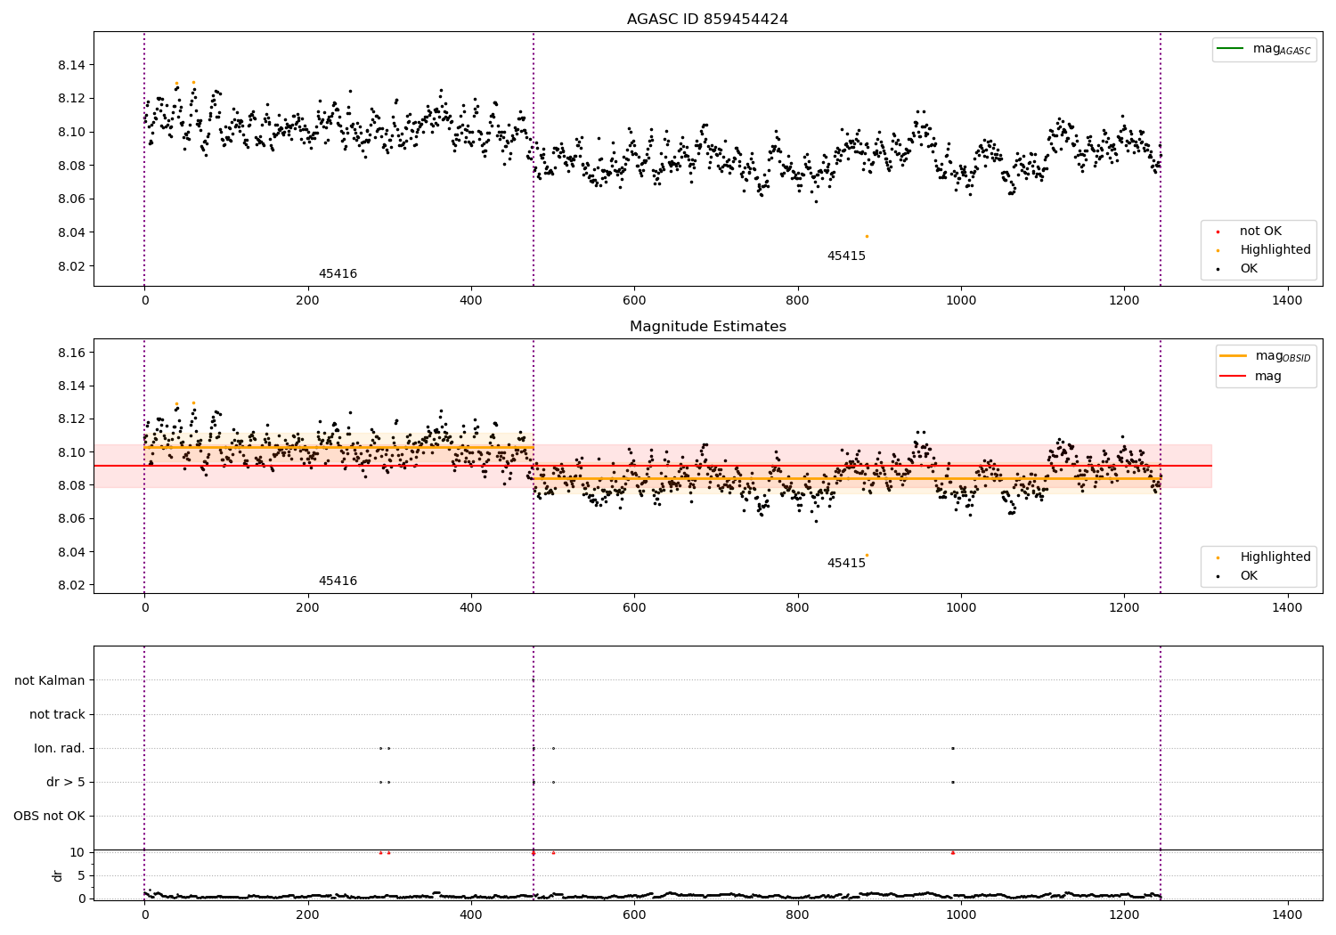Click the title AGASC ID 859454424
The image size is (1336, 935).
[x=707, y=20]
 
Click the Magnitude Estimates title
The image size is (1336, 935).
[x=707, y=327]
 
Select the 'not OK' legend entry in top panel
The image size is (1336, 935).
[x=1260, y=232]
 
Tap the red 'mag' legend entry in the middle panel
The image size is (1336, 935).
[x=1267, y=376]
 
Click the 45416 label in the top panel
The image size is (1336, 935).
[x=338, y=274]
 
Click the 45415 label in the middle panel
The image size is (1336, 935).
[x=846, y=564]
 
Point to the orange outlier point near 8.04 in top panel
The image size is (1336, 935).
[x=867, y=236]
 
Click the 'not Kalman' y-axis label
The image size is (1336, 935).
[x=50, y=681]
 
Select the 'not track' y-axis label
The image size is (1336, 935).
[x=57, y=715]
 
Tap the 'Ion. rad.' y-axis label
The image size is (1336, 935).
[x=60, y=749]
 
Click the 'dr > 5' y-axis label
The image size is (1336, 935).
[x=66, y=783]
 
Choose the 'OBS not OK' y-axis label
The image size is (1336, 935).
[x=49, y=817]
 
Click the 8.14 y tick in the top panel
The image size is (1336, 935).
[x=71, y=65]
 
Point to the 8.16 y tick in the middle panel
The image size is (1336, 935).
[x=71, y=353]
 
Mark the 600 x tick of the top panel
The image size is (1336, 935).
[x=634, y=301]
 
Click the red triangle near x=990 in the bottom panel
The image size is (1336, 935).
[x=952, y=852]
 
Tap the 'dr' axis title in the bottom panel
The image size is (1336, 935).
[x=58, y=875]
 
